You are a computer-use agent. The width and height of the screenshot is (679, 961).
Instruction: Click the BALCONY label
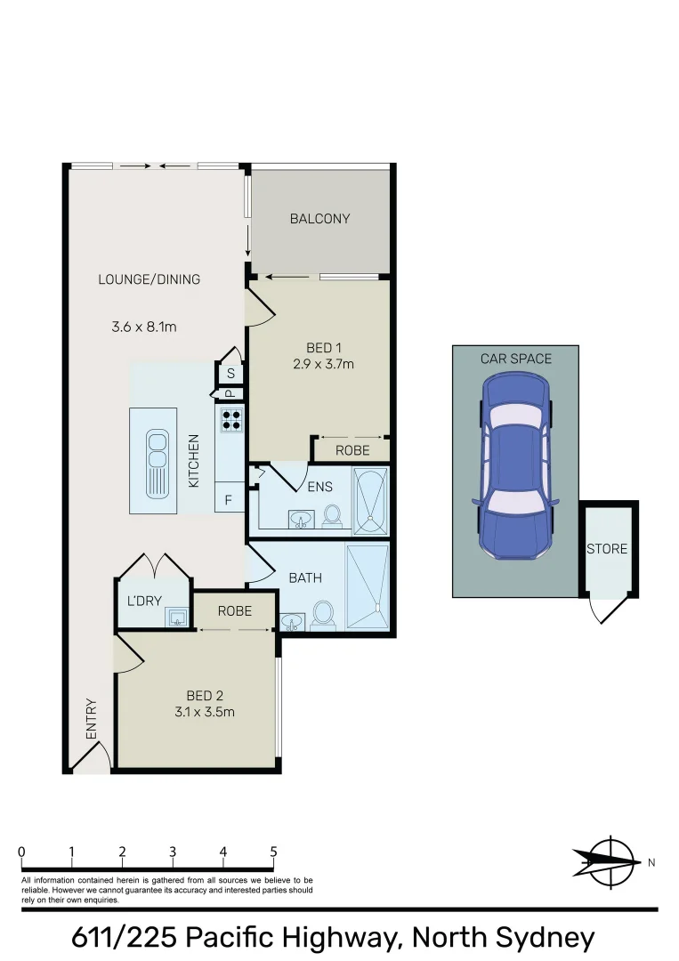tap(320, 219)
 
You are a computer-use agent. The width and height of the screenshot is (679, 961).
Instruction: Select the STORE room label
tap(607, 549)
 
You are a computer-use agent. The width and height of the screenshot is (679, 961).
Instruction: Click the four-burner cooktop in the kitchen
tap(231, 418)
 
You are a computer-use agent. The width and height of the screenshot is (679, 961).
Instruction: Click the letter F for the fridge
tap(229, 501)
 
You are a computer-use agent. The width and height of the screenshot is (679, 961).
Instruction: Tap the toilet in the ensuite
tap(333, 516)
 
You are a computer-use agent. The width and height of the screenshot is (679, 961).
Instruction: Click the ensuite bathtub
tap(371, 500)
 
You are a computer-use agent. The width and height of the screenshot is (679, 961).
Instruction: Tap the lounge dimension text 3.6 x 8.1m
tap(144, 327)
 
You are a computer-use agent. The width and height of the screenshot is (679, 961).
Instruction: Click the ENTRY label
tap(92, 719)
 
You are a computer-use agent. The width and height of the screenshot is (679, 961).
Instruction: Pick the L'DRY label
tap(144, 601)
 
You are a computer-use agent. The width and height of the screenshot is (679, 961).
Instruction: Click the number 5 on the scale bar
tap(273, 852)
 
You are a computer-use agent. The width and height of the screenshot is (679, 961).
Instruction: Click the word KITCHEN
tap(194, 459)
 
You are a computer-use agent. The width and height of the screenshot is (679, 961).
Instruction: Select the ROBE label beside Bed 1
tap(352, 450)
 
